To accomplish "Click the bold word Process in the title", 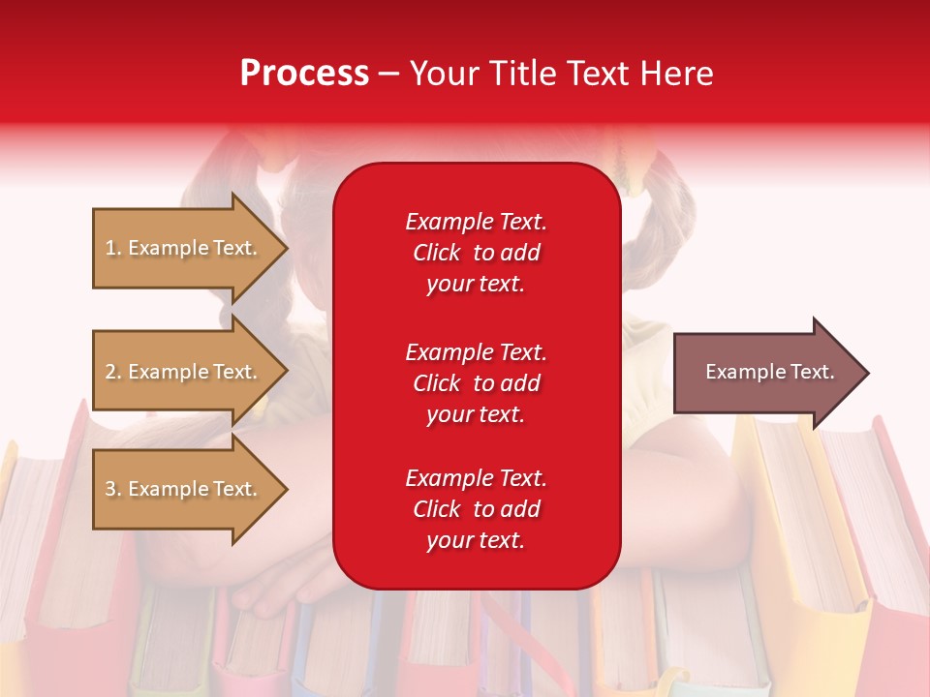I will [x=304, y=74].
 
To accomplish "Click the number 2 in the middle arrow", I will [x=110, y=372].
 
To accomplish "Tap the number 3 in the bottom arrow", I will [x=110, y=489].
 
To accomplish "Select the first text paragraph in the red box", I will [x=476, y=253].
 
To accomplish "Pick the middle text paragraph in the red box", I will [x=476, y=383].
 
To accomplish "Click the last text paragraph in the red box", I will [x=476, y=509].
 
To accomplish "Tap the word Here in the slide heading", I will [x=677, y=74].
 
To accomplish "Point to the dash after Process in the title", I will [x=389, y=74].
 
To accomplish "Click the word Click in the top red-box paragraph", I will [x=437, y=254].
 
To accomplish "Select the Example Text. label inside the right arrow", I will [x=769, y=372].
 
